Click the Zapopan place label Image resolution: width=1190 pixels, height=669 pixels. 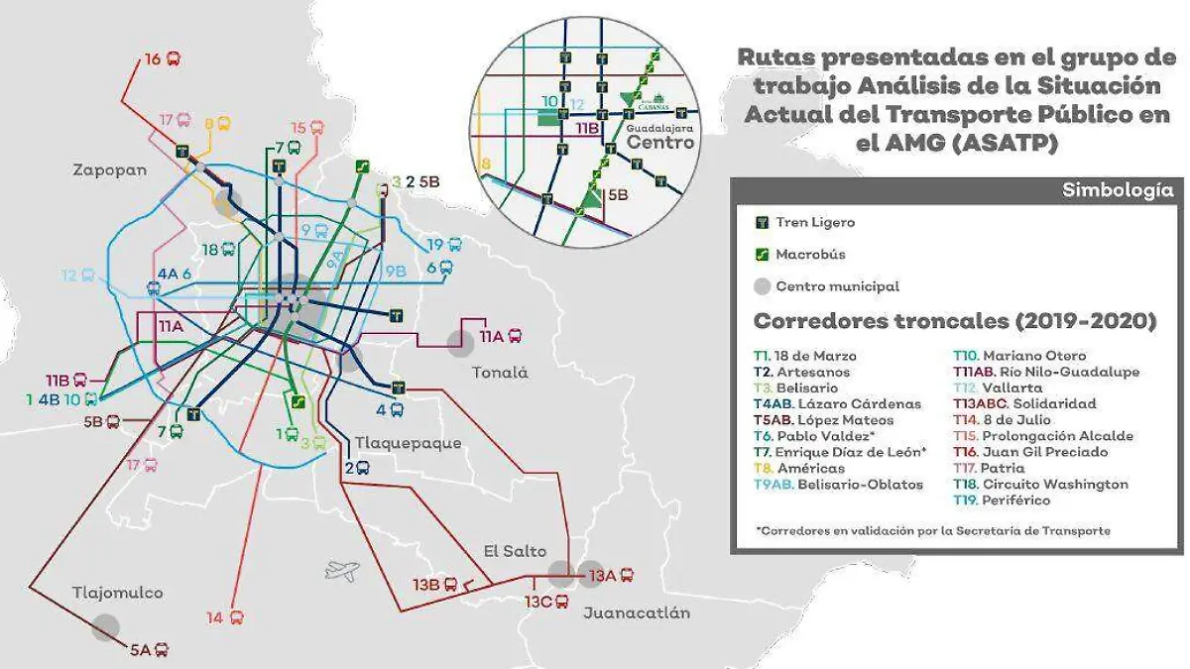pos(109,169)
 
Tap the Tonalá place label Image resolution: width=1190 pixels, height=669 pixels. pos(499,374)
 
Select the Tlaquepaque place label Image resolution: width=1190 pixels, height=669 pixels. pos(408,443)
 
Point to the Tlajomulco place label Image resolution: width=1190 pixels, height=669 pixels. pos(117,593)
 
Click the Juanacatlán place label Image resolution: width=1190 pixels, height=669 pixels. pos(636,613)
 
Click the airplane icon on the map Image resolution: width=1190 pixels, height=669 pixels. pos(341,570)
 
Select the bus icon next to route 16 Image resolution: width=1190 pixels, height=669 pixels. pos(174,59)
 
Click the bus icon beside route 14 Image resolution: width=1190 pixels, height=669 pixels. pos(236,617)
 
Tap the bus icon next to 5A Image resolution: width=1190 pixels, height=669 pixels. pos(161,650)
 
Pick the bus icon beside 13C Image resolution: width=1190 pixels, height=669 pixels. pos(561,602)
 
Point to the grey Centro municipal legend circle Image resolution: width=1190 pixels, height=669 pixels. pos(761,286)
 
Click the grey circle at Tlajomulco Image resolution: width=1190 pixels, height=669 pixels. pos(105,626)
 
